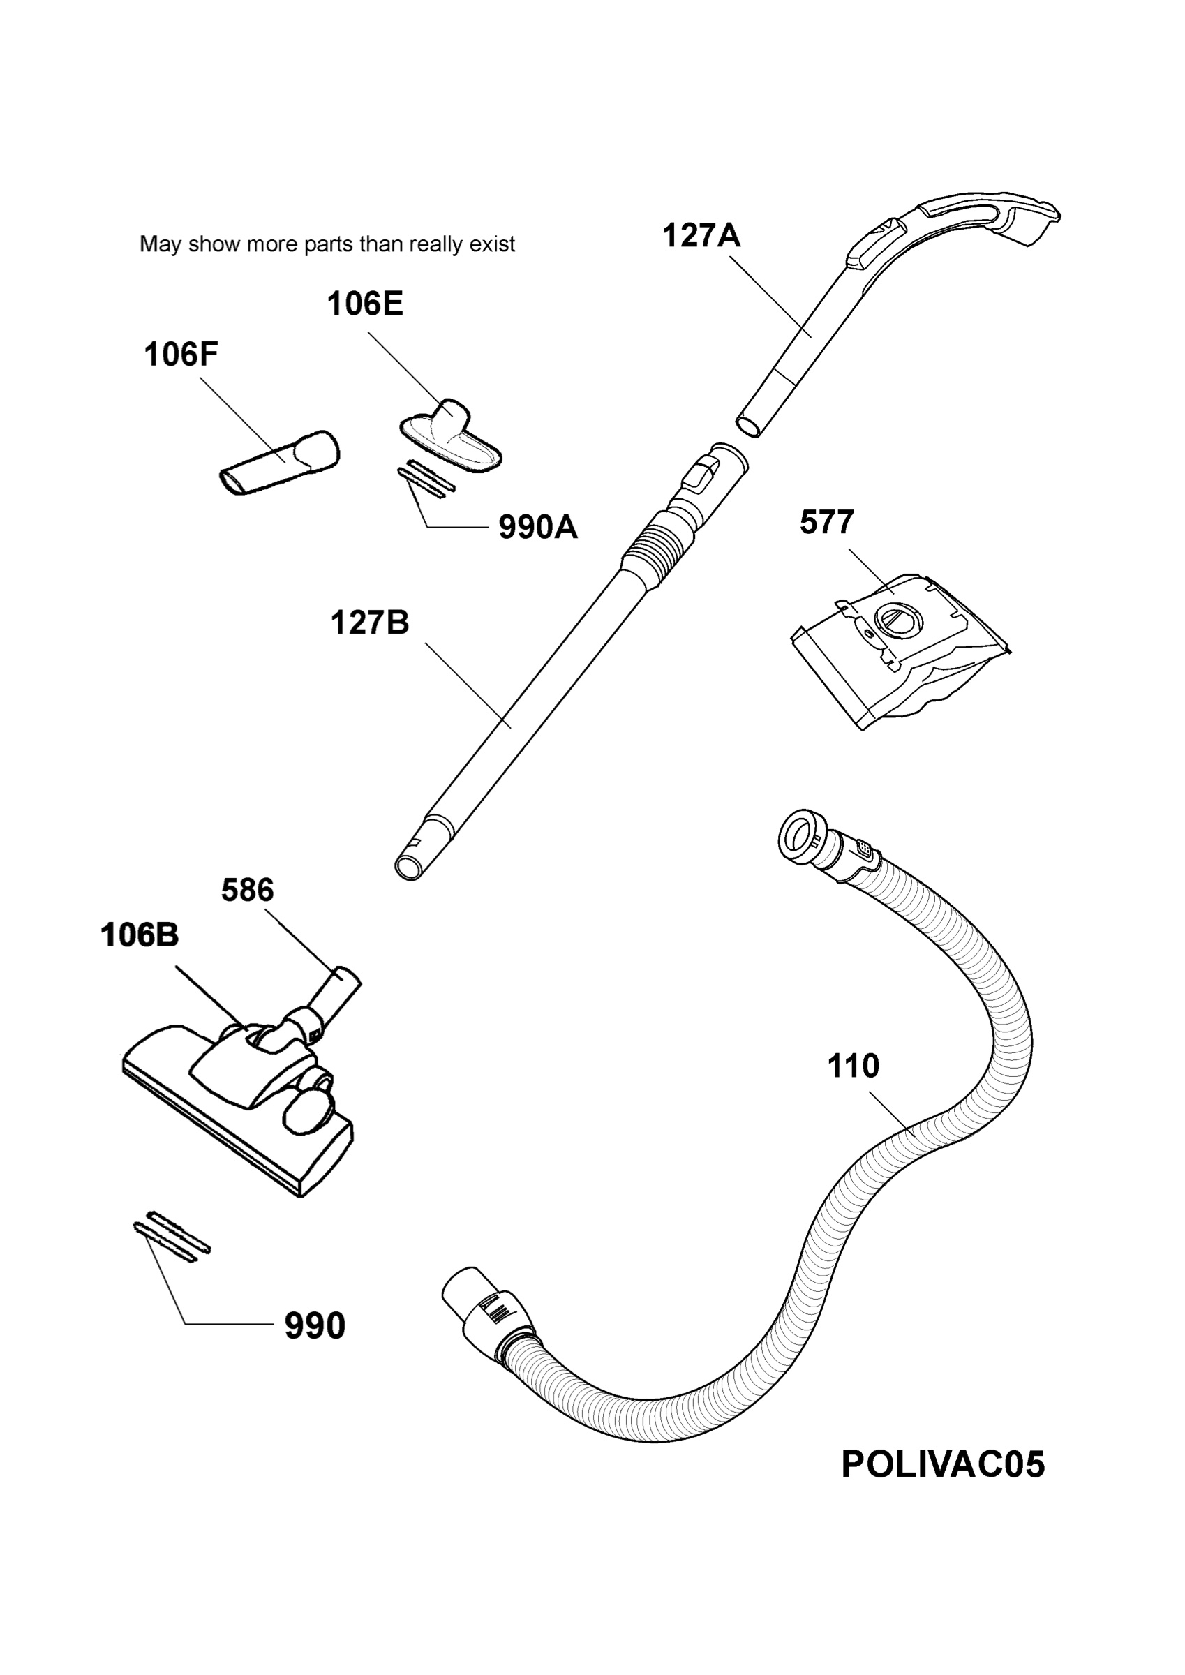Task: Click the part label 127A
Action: click(x=701, y=236)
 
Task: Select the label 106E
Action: click(x=365, y=304)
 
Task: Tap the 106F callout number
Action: click(x=181, y=355)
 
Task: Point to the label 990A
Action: click(x=538, y=527)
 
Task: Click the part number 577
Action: click(x=827, y=522)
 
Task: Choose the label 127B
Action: click(x=369, y=623)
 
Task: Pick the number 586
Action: click(x=247, y=890)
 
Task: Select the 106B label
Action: click(x=140, y=935)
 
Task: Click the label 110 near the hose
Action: click(x=853, y=1066)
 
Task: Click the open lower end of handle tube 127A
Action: click(x=748, y=425)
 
